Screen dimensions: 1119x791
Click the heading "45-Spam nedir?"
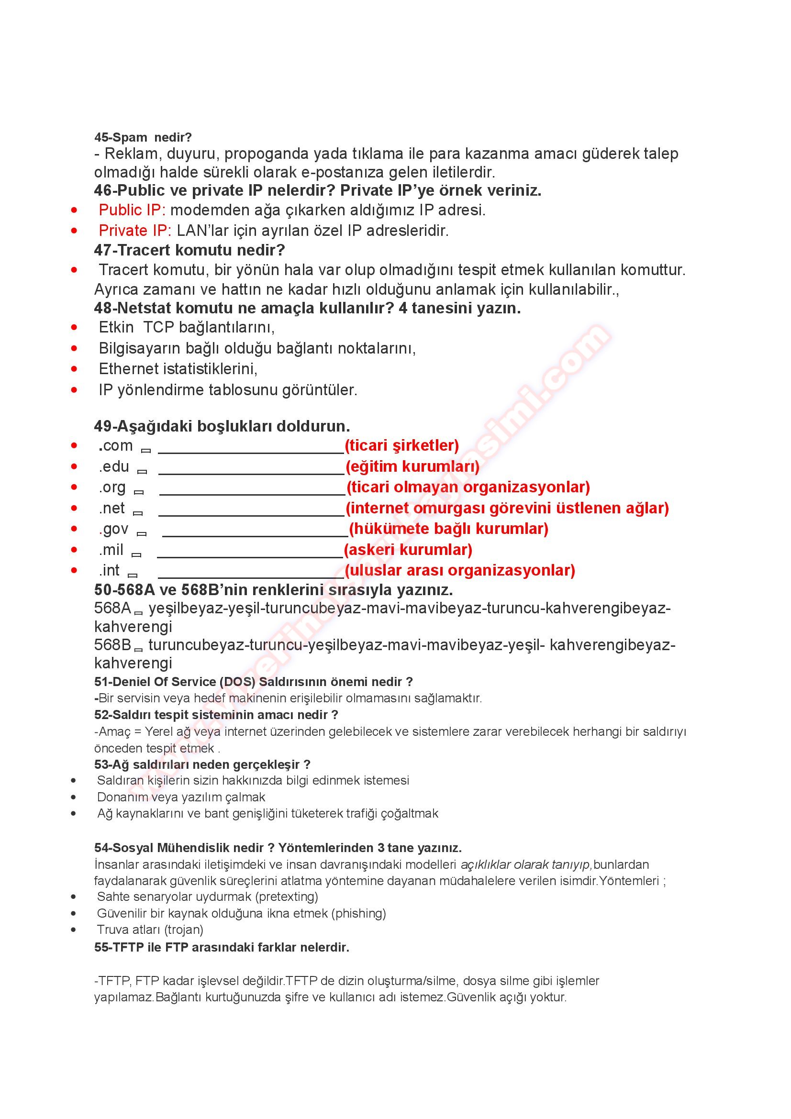pyautogui.click(x=143, y=137)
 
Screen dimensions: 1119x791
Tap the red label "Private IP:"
pyautogui.click(x=134, y=231)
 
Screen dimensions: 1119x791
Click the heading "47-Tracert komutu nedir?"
pyautogui.click(x=189, y=250)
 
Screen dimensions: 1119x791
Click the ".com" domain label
pyautogui.click(x=116, y=445)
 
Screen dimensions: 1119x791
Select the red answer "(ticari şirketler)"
pyautogui.click(x=401, y=445)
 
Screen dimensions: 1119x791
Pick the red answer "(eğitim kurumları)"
pyautogui.click(x=412, y=466)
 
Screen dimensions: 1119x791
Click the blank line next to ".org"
pyautogui.click(x=252, y=491)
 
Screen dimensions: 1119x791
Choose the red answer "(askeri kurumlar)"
pyautogui.click(x=408, y=550)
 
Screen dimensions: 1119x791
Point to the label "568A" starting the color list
pyautogui.click(x=112, y=608)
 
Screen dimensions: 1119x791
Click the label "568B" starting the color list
pyautogui.click(x=112, y=645)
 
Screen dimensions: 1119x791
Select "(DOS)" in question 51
pyautogui.click(x=237, y=682)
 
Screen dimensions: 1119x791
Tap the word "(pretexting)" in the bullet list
pyautogui.click(x=287, y=896)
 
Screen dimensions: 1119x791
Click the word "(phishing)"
pyautogui.click(x=359, y=913)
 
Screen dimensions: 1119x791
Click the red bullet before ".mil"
pyautogui.click(x=74, y=550)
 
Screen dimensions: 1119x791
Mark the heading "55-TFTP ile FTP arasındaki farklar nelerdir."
pyautogui.click(x=222, y=947)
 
